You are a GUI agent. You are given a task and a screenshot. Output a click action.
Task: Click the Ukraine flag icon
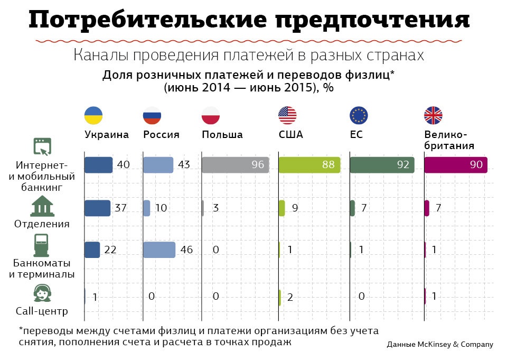coord(93,115)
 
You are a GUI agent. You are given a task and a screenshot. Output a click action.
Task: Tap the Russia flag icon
coord(152,115)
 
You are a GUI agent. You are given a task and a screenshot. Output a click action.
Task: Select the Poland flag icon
coord(210,115)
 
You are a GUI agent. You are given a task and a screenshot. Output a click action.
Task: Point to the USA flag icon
coord(288,115)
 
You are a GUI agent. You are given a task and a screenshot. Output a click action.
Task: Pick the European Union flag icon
coord(359,115)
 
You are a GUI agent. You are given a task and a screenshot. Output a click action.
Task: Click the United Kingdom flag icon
coord(433,115)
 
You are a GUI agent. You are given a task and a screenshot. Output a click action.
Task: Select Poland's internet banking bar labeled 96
coord(236,165)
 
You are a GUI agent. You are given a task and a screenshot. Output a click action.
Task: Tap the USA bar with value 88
coord(309,165)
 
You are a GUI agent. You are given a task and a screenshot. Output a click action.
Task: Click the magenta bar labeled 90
coord(456,165)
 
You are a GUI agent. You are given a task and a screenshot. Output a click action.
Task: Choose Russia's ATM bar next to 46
coord(159,250)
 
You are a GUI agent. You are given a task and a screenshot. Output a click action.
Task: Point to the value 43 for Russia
coord(184,165)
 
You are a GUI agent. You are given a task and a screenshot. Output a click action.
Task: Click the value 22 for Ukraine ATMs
coord(110,250)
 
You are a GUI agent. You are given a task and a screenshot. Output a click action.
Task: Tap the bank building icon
coord(43,207)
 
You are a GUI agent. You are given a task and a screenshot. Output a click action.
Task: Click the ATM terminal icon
coord(42,245)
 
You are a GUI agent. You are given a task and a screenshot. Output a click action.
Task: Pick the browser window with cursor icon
coord(43,145)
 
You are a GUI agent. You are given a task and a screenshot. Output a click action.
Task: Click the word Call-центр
coord(42,311)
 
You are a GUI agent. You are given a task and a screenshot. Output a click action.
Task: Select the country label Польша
coord(222,135)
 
